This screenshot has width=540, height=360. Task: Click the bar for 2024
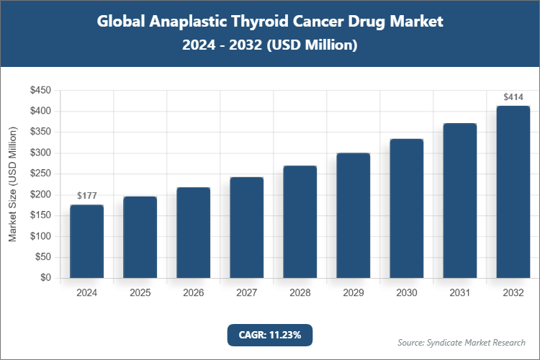click(x=86, y=241)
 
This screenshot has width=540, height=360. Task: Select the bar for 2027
click(x=247, y=228)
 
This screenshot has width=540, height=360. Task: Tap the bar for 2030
click(x=407, y=208)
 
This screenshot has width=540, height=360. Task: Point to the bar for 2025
click(x=140, y=237)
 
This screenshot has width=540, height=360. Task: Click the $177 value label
click(x=86, y=196)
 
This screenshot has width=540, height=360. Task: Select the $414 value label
click(x=513, y=96)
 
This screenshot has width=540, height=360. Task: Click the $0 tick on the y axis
click(x=45, y=278)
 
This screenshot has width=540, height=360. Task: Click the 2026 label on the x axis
click(x=193, y=294)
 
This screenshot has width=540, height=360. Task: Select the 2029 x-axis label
click(x=354, y=294)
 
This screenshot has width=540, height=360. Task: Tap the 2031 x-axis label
click(x=460, y=294)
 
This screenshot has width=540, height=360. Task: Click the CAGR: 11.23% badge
click(x=270, y=335)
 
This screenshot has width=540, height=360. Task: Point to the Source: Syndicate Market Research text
click(x=462, y=342)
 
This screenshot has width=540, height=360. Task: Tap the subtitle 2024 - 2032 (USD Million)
click(x=270, y=45)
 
